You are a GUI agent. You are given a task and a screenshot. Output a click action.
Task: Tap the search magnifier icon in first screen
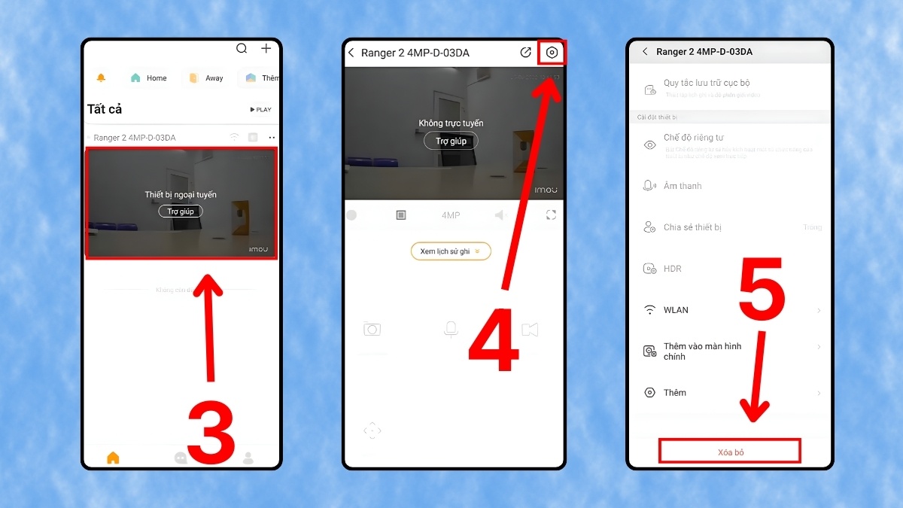(x=242, y=49)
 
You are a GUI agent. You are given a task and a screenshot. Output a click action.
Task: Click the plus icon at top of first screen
(x=266, y=49)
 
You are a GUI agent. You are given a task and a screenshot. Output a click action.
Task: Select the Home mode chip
(x=149, y=78)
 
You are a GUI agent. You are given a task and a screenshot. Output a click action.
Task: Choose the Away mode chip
(x=206, y=78)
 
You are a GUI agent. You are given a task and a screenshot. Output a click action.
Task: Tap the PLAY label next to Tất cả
(x=260, y=110)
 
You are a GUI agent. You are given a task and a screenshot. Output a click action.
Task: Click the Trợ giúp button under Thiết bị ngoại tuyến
(x=181, y=211)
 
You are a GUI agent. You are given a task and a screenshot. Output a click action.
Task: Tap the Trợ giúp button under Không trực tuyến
(x=451, y=141)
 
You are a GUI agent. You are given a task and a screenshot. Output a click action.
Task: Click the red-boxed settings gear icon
(x=552, y=53)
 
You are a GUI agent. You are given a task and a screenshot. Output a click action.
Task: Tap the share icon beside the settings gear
(x=525, y=53)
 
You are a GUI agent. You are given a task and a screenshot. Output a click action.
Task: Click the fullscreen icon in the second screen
(x=551, y=215)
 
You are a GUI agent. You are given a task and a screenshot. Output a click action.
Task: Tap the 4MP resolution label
(x=451, y=215)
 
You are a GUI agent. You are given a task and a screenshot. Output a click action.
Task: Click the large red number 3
(x=211, y=432)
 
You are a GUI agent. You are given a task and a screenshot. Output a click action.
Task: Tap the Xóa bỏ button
(x=729, y=452)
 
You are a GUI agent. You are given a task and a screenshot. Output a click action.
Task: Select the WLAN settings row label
(x=676, y=310)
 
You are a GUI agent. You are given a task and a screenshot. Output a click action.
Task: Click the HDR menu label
(x=672, y=269)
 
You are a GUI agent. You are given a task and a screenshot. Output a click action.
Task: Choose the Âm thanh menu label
(x=682, y=186)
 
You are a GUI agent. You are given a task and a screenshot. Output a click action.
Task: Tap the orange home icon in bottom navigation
(x=113, y=458)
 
